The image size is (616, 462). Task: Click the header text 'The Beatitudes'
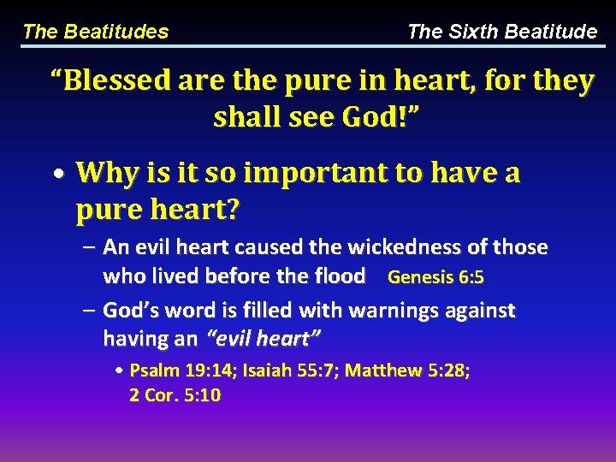(95, 33)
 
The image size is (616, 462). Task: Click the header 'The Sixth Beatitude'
(502, 33)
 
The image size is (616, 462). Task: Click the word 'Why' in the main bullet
(105, 173)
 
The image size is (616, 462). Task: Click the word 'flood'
(341, 276)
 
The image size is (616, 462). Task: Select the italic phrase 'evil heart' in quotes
(264, 339)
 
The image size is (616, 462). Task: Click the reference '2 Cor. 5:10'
(175, 396)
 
